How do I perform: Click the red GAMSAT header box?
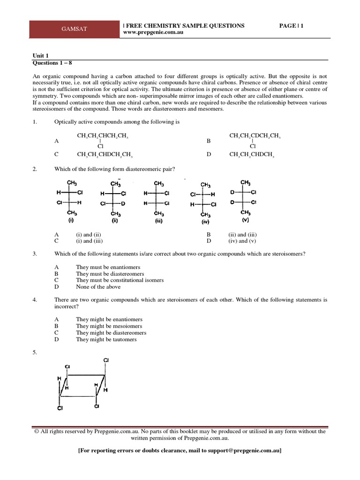pos(75,29)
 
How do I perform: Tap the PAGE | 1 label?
pos(291,26)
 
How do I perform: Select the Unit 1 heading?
pos(40,55)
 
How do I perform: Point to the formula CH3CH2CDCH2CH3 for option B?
pos(255,136)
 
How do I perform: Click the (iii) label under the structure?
pos(158,219)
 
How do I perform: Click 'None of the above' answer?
pos(98,286)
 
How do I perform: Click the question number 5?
pos(35,352)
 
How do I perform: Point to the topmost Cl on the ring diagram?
pos(105,360)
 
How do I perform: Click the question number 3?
pos(35,254)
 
